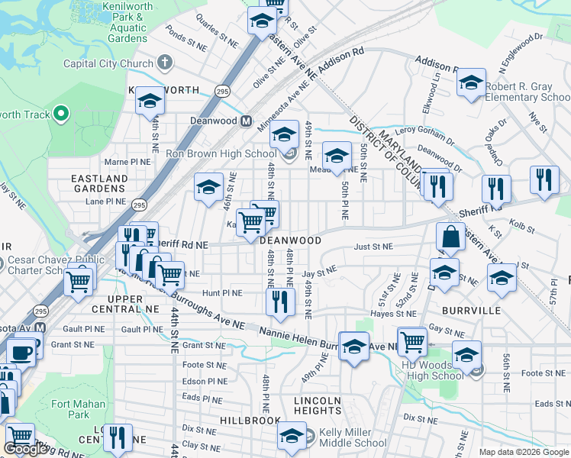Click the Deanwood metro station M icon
(247, 121)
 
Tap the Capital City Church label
(108, 64)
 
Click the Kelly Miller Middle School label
(353, 437)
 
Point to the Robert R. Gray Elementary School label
(527, 92)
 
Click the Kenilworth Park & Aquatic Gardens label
(117, 27)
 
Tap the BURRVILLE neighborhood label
(470, 311)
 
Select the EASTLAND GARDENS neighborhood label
(99, 184)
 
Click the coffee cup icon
(21, 352)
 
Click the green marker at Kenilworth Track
(61, 115)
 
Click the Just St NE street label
(373, 247)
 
